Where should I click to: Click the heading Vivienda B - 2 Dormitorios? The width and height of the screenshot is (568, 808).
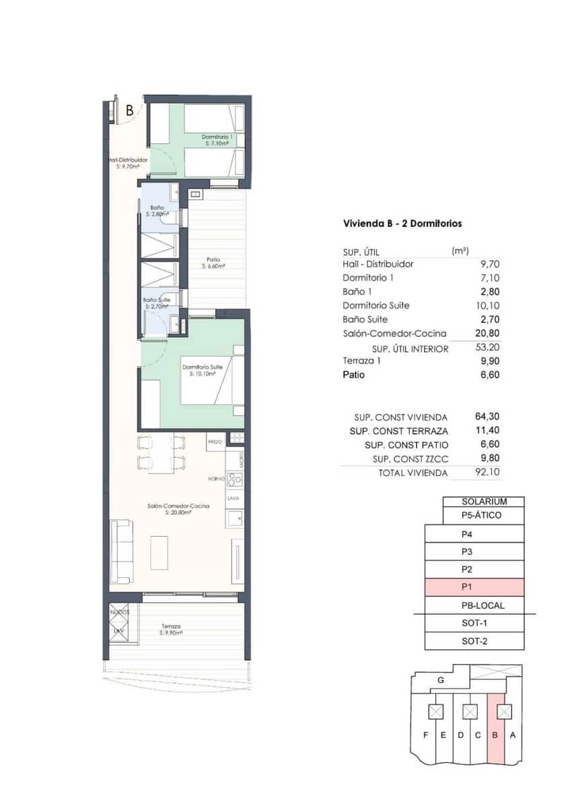[x=402, y=224]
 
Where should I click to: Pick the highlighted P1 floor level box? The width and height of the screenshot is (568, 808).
[x=474, y=587]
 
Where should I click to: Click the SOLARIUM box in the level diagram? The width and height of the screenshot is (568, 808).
[x=483, y=502]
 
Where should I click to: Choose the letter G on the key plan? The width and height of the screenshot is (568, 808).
[x=440, y=680]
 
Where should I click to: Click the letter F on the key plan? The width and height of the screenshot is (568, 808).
[x=425, y=735]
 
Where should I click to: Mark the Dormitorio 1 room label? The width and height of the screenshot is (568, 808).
[x=217, y=140]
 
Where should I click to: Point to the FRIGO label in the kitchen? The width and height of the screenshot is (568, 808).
[x=215, y=442]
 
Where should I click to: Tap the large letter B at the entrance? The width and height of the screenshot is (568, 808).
[x=129, y=111]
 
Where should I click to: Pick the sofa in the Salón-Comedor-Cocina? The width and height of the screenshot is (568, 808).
[x=121, y=551]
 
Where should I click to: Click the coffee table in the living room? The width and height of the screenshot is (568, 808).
[x=159, y=552]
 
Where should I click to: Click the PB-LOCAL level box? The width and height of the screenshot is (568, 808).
[x=474, y=605]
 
